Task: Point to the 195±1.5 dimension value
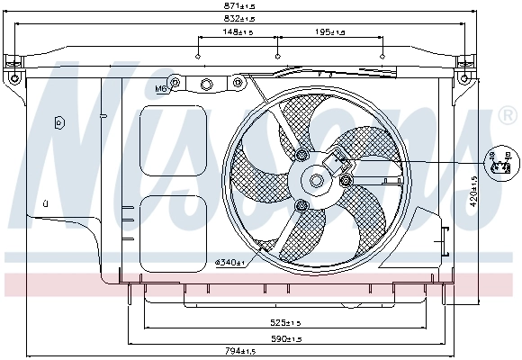[329, 32]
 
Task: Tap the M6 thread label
[161, 89]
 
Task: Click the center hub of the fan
[317, 180]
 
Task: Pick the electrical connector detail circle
[499, 162]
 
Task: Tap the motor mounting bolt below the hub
[301, 209]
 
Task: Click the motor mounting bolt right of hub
[346, 181]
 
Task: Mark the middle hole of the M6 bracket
[205, 85]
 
